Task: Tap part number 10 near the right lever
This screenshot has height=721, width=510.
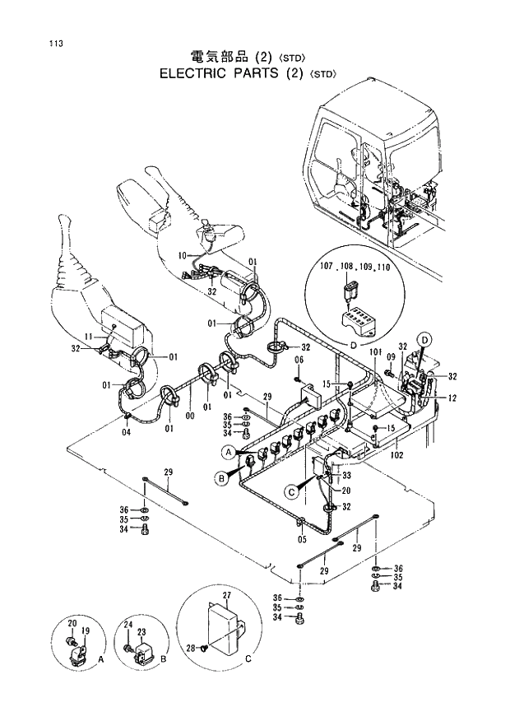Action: pyautogui.click(x=183, y=255)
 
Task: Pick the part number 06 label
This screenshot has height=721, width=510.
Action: pyautogui.click(x=299, y=360)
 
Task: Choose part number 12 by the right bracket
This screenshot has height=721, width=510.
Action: pyautogui.click(x=452, y=398)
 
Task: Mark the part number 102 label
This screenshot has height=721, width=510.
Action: pyautogui.click(x=396, y=454)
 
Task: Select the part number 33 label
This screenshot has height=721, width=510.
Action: pyautogui.click(x=346, y=475)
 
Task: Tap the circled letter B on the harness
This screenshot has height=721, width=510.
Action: pyautogui.click(x=220, y=477)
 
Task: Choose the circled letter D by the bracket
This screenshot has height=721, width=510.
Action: pyautogui.click(x=424, y=339)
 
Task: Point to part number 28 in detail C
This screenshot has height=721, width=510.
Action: pyautogui.click(x=190, y=650)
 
